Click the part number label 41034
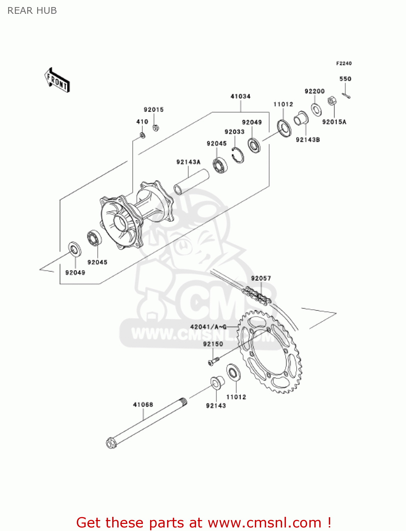click(240, 96)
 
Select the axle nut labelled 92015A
click(332, 101)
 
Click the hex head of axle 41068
click(111, 443)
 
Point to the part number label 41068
click(143, 405)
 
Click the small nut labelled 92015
click(155, 127)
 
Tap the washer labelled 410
click(142, 135)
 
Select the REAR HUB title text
click(32, 11)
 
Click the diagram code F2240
click(344, 63)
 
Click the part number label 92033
click(234, 132)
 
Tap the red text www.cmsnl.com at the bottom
click(264, 523)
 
